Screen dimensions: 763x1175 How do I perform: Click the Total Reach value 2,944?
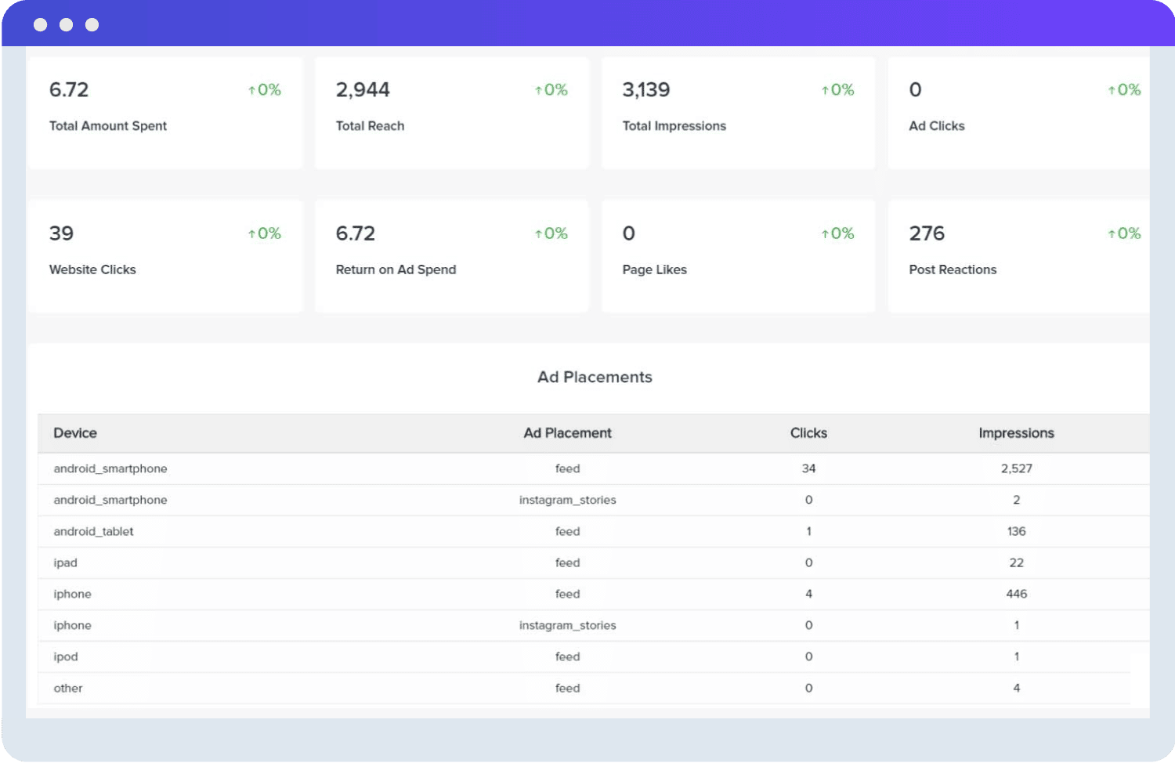pos(363,90)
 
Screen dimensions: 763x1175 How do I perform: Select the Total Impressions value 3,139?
pos(646,90)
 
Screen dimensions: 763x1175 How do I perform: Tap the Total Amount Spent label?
pos(108,126)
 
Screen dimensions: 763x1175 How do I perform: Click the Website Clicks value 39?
pos(61,233)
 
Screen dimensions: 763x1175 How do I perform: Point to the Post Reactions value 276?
pos(927,233)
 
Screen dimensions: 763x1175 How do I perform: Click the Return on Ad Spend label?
pos(396,269)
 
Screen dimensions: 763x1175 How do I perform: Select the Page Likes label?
pos(654,269)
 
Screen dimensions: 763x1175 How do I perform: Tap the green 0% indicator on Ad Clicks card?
pos(1124,90)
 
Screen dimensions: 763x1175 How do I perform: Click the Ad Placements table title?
pos(595,377)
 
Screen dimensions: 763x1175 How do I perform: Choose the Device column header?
pos(75,433)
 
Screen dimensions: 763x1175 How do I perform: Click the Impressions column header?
pos(1016,433)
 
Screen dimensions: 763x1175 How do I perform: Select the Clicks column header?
pos(808,433)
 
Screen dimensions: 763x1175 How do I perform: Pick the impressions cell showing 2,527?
pos(1016,468)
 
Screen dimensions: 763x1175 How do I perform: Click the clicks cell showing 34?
pos(808,468)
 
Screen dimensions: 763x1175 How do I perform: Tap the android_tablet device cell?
pos(93,531)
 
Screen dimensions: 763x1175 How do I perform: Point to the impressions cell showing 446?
pos(1016,594)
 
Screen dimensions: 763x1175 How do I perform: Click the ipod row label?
pos(66,656)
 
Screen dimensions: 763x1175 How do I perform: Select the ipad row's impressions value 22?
pos(1016,562)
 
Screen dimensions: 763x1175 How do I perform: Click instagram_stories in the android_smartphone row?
pos(567,500)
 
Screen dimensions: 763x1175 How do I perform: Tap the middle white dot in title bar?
pos(67,25)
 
